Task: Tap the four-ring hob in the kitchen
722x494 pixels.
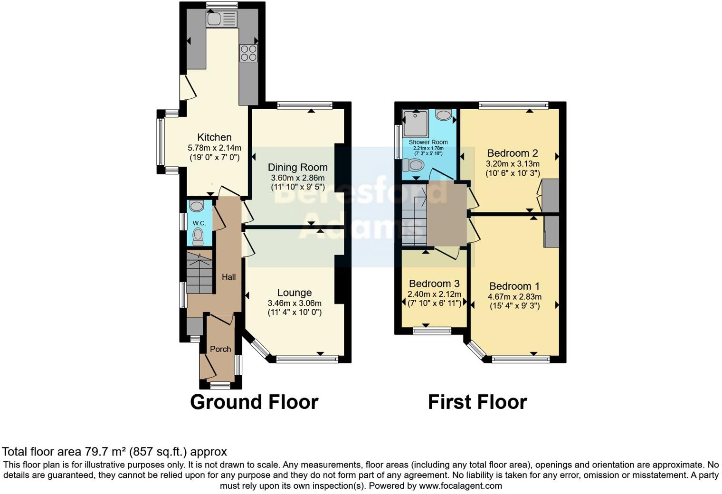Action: (248, 53)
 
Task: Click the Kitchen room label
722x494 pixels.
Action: (214, 137)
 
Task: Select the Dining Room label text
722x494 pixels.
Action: (297, 167)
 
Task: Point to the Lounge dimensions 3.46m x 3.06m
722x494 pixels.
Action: (294, 303)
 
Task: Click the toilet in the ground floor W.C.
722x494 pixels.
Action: (198, 235)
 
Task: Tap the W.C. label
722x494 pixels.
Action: (199, 223)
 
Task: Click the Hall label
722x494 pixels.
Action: (228, 276)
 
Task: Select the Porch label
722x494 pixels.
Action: (220, 349)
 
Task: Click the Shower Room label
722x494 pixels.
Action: (428, 142)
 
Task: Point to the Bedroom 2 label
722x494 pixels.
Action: (513, 153)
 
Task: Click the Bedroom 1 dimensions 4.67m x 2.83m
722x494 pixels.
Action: (514, 296)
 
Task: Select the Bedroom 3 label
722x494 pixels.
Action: (434, 284)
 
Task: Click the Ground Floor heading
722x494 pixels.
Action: (254, 402)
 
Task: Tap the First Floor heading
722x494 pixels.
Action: (477, 402)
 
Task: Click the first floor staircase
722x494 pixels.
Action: (414, 214)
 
